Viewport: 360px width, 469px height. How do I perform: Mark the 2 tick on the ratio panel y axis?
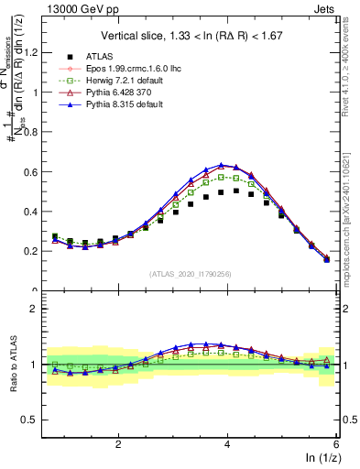(32, 309)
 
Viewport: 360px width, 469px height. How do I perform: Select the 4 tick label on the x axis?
(227, 442)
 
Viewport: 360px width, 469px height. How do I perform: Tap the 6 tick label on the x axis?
(336, 442)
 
